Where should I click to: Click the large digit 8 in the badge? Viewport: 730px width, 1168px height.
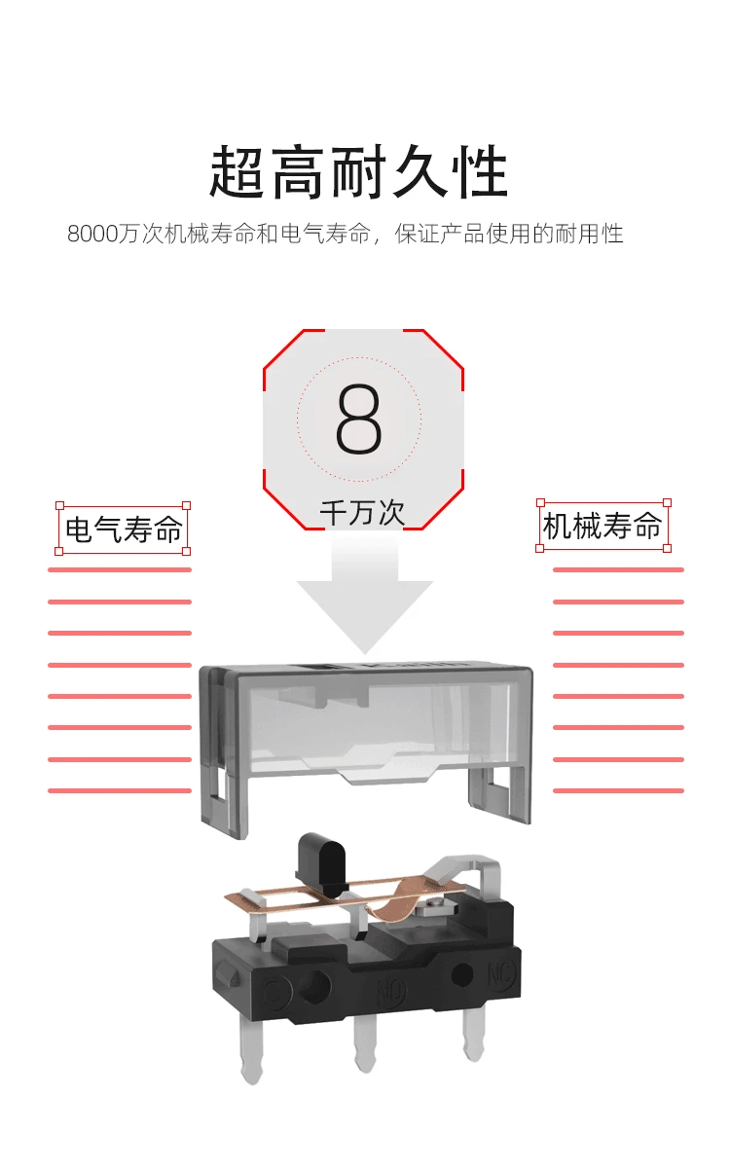tap(359, 419)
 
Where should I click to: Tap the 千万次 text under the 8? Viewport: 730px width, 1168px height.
tap(362, 513)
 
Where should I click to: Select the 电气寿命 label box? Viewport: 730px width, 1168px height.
tap(123, 529)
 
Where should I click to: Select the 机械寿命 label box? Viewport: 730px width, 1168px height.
tap(603, 525)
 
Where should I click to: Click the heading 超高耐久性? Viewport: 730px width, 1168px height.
tap(359, 171)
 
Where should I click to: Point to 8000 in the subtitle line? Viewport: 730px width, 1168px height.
tap(92, 234)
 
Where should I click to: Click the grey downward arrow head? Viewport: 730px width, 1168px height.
tap(365, 616)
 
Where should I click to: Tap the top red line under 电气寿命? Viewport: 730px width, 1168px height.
tap(120, 570)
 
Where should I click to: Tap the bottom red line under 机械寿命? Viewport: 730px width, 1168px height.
tap(618, 791)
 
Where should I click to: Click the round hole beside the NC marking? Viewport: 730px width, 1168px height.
tap(462, 974)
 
